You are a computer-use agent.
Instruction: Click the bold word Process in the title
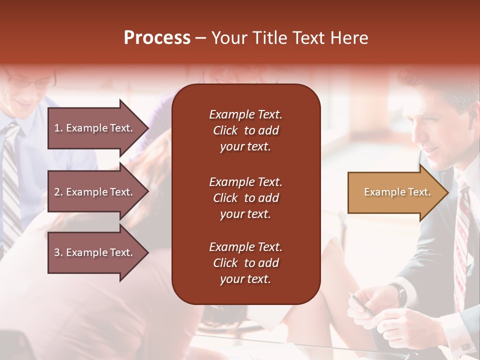(x=157, y=38)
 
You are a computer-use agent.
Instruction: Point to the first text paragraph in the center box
(x=245, y=130)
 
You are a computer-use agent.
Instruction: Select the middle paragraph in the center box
(x=245, y=198)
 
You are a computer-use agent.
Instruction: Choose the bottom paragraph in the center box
(x=245, y=263)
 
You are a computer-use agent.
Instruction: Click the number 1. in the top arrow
(x=58, y=128)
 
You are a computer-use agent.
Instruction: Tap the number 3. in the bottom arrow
(x=58, y=252)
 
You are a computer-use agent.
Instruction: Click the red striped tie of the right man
(x=462, y=235)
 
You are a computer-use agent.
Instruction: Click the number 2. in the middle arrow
(x=58, y=192)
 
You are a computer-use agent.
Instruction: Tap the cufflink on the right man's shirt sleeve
(x=465, y=345)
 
